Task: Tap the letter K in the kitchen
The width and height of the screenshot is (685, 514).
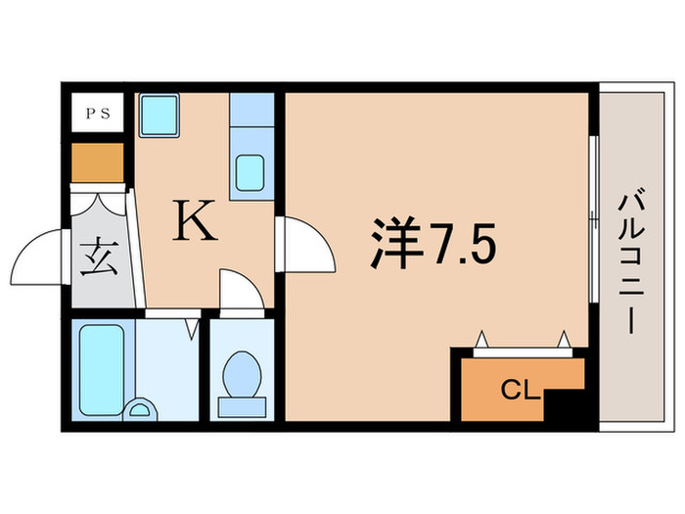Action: point(194,221)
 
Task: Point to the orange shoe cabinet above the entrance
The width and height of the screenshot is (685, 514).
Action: point(96,164)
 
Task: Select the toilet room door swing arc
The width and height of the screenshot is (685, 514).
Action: point(240,291)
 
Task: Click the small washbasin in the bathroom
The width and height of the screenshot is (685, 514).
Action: point(142,410)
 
